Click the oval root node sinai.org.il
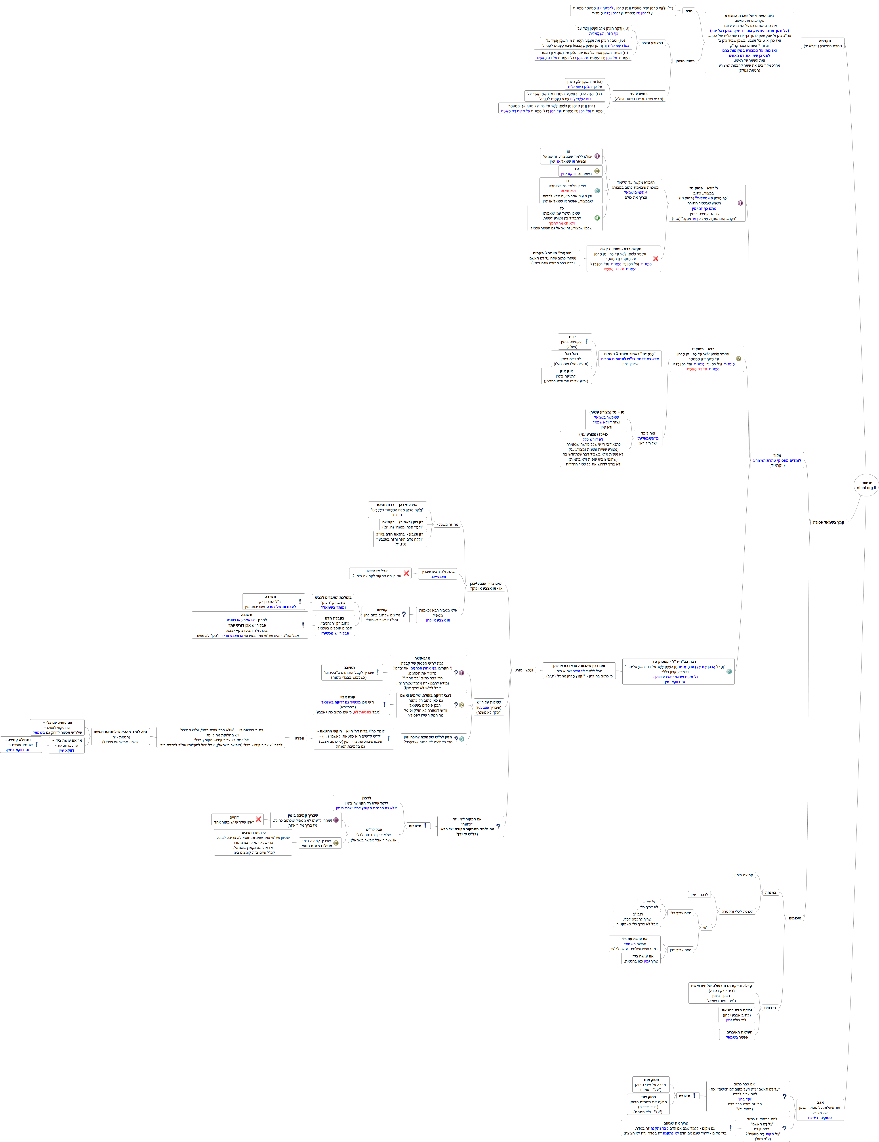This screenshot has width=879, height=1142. click(x=866, y=485)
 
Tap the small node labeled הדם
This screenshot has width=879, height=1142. click(x=689, y=11)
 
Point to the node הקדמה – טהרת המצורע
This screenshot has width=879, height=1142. click(x=823, y=43)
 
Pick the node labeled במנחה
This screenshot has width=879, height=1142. click(x=771, y=892)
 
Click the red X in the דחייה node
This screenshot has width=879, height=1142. click(x=258, y=819)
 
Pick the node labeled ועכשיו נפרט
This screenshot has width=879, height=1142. click(x=523, y=670)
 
